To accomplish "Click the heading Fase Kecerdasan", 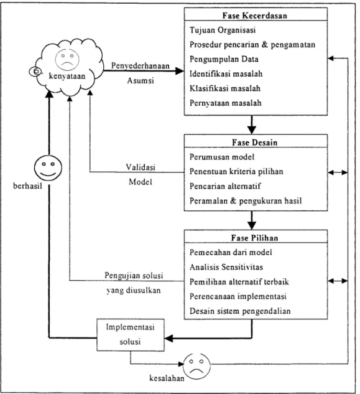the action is (x=254, y=16).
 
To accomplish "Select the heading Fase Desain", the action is (x=254, y=143).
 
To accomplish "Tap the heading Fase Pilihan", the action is (x=254, y=238).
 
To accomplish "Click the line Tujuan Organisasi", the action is (x=223, y=30).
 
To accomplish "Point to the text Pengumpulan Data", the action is (x=224, y=59).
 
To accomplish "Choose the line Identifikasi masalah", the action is (x=226, y=73).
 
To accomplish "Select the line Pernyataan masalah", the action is (x=226, y=103).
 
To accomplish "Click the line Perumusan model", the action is (x=222, y=157).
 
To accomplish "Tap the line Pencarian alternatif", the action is (x=225, y=186).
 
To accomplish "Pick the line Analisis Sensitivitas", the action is (x=226, y=267).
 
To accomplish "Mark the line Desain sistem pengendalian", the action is (x=240, y=311).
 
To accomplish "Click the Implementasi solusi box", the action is (x=131, y=335).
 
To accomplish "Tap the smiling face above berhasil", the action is (x=48, y=168).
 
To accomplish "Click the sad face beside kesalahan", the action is (x=196, y=367).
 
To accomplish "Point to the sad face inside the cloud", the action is (x=67, y=60).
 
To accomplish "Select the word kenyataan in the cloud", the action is (x=67, y=76).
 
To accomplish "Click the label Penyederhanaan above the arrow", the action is (x=141, y=66).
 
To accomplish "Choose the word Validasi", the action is (x=141, y=167).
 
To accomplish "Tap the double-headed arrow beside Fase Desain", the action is (x=338, y=172).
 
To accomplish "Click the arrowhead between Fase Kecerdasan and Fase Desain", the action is (x=252, y=130).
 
